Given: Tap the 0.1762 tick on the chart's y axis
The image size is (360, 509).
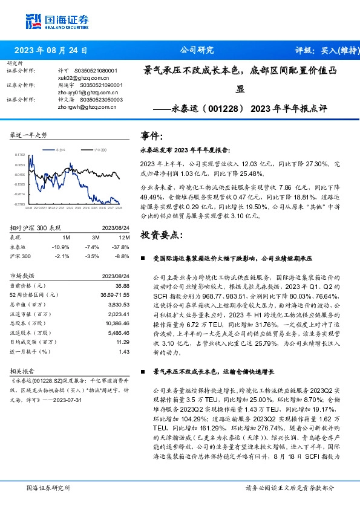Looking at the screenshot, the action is pyautogui.click(x=19, y=155).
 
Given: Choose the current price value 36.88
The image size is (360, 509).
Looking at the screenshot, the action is pyautogui.click(x=123, y=285).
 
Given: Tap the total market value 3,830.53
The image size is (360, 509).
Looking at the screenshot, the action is pyautogui.click(x=119, y=305).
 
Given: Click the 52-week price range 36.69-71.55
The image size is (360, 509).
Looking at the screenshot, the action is pyautogui.click(x=116, y=295).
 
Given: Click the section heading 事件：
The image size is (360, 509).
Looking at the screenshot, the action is pyautogui.click(x=151, y=135).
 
